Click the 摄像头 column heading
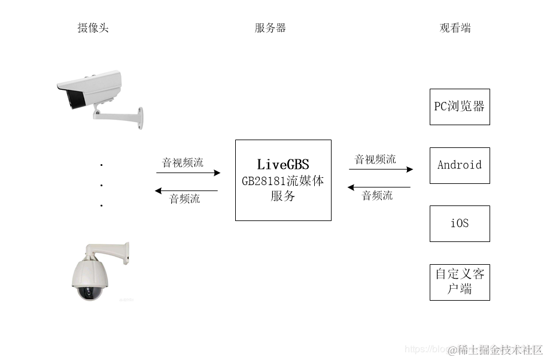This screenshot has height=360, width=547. [93, 28]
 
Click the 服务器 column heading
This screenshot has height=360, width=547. [270, 28]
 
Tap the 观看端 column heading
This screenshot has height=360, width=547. [455, 28]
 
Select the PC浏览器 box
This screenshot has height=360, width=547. [460, 107]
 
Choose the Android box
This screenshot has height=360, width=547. [460, 165]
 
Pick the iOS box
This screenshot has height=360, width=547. [460, 223]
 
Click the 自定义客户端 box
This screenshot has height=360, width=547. [460, 282]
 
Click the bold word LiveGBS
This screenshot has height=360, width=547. [283, 164]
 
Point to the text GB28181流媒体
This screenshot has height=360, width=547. [282, 180]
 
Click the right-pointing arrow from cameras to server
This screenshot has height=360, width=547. [189, 173]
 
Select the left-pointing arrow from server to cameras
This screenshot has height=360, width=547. [186, 191]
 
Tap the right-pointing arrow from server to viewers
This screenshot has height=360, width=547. [381, 170]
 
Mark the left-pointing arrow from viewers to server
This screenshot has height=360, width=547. [379, 187]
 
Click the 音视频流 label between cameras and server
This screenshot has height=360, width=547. [183, 162]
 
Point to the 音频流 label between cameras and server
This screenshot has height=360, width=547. [184, 199]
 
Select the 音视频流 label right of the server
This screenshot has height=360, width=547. [375, 159]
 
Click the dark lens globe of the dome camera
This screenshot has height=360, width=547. [91, 292]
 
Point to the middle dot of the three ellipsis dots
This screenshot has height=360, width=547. [102, 185]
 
